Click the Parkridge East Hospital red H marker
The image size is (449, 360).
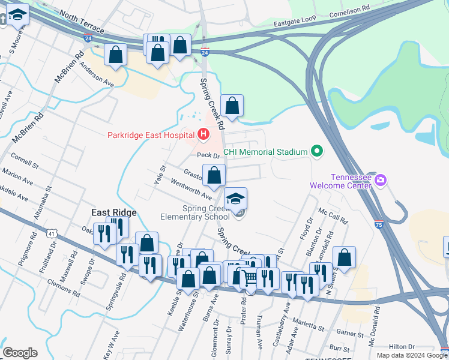point(203,134)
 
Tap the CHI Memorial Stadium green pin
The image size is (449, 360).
point(317,152)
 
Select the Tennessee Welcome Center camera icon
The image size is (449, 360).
point(379,180)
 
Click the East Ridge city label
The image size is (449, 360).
point(114,212)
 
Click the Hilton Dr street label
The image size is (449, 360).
point(402,347)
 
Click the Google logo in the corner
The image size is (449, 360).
point(20,353)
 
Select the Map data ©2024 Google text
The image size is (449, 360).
point(412,355)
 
